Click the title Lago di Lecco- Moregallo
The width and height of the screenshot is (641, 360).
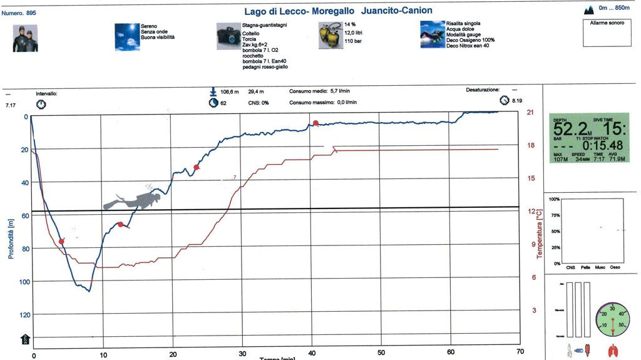click(300, 11)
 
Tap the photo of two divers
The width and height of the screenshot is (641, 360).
click(25, 38)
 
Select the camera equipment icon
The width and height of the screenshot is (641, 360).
click(228, 36)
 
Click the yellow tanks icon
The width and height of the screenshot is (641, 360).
click(329, 36)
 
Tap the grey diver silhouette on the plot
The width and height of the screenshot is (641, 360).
click(132, 201)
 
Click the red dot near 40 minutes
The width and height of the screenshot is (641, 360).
click(315, 123)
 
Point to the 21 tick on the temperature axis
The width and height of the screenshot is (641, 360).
click(530, 113)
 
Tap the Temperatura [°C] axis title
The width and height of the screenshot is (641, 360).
click(539, 235)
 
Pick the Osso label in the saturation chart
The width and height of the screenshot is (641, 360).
click(615, 267)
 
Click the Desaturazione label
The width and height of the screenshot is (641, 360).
click(483, 91)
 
